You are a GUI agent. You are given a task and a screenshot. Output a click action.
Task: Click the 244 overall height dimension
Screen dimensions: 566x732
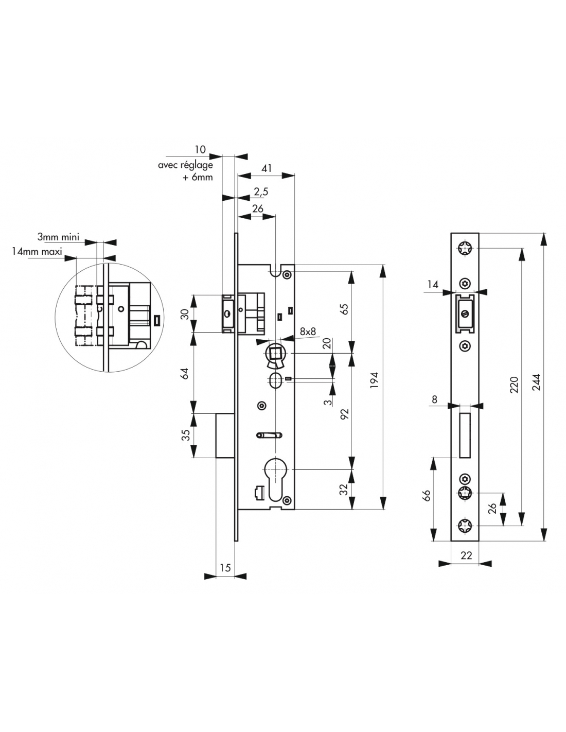tap(537, 382)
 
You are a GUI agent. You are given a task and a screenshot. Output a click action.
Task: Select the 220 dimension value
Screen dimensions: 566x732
tap(514, 385)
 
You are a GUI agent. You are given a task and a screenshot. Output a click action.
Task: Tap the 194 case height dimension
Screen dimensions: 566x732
tap(375, 380)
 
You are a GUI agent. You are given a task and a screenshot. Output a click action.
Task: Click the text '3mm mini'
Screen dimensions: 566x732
tap(58, 237)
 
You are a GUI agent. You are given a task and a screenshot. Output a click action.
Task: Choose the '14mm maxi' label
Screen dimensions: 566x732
tap(37, 251)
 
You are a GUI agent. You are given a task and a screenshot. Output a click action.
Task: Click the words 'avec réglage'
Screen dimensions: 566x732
tap(186, 165)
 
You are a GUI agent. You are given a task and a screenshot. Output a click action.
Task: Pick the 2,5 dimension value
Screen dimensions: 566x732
tap(261, 191)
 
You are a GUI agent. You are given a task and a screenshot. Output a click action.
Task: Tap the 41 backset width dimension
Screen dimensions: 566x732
tap(267, 168)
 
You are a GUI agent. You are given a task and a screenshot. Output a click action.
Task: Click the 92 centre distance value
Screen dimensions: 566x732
tap(344, 414)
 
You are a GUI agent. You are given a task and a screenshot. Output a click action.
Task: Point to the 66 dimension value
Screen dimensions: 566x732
tap(427, 496)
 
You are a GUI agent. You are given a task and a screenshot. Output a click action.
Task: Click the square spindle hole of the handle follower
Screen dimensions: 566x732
tap(275, 353)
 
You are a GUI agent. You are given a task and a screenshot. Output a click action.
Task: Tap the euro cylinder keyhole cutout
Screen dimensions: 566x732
tap(275, 481)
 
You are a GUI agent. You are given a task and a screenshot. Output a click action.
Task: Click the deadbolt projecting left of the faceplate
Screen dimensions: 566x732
tap(225, 435)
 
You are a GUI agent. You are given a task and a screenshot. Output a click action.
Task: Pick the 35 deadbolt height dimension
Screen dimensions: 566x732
tap(186, 434)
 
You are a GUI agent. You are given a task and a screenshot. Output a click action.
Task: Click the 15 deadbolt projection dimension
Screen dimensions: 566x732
tap(225, 568)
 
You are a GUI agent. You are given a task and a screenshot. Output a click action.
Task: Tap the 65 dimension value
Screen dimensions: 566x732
tap(344, 309)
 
